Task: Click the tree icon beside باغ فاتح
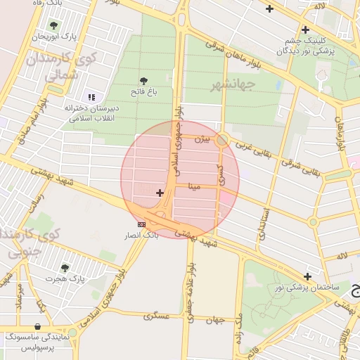coord(144,82)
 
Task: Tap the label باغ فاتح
coord(144,92)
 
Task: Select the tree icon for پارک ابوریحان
coord(72,25)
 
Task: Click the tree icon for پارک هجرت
coord(65,268)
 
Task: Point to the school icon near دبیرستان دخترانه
coord(91,97)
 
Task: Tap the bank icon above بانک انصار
coord(142,224)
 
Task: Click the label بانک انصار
coord(142,234)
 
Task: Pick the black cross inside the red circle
coord(160,193)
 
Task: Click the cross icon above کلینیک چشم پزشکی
coord(305,30)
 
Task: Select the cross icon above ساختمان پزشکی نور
coord(307,276)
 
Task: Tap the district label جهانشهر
coord(232,86)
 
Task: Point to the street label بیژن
coord(202,140)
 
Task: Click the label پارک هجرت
coord(65,279)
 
